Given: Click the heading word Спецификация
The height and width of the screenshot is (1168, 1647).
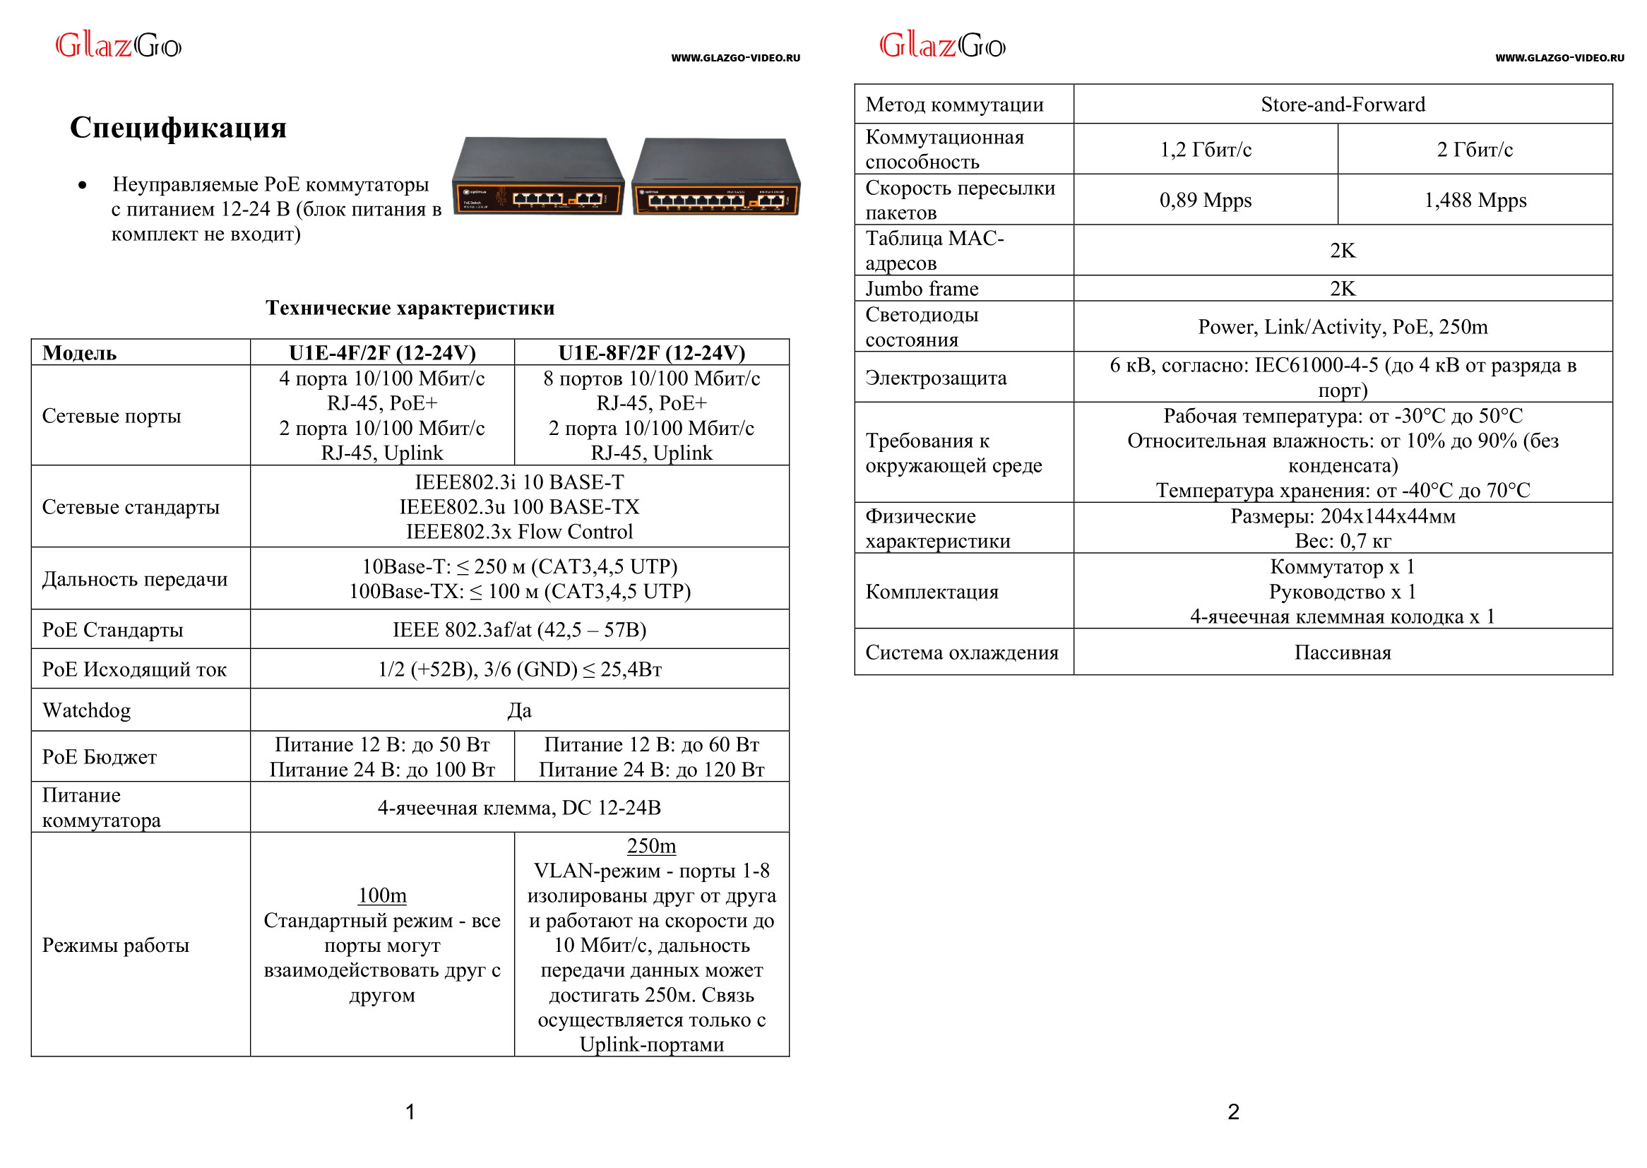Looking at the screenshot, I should [x=178, y=127].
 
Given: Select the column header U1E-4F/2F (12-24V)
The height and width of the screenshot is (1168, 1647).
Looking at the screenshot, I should [x=382, y=352].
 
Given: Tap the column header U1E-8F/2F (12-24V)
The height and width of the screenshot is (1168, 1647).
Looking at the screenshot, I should [x=651, y=352].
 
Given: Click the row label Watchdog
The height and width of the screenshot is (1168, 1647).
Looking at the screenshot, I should [x=86, y=710].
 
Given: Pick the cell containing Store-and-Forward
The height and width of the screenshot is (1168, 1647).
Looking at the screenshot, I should [x=1342, y=105].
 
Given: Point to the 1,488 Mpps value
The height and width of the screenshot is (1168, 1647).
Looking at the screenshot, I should [x=1475, y=200].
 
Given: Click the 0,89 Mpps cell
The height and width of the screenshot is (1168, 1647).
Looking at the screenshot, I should [x=1205, y=200].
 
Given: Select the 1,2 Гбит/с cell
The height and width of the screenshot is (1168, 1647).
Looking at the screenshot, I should [x=1205, y=150].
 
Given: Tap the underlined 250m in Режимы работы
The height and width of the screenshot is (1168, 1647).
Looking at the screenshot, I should [x=651, y=846].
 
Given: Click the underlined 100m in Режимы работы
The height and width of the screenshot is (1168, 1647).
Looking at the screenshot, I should [x=382, y=895].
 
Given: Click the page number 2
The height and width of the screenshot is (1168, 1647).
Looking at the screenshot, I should [x=1232, y=1112].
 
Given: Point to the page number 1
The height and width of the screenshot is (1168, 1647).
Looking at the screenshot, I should [x=410, y=1112].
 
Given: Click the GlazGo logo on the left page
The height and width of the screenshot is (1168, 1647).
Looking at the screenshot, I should [x=119, y=46].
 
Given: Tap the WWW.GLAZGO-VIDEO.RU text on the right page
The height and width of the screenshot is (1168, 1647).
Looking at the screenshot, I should [x=1559, y=57].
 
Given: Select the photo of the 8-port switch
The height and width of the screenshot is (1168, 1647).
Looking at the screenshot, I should [x=715, y=178].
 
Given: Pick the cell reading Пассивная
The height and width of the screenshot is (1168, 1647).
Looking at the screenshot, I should [x=1342, y=652].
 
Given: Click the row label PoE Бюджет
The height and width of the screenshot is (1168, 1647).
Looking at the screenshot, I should [x=100, y=756].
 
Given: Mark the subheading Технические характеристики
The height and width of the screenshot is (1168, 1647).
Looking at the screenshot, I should [x=410, y=308].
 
